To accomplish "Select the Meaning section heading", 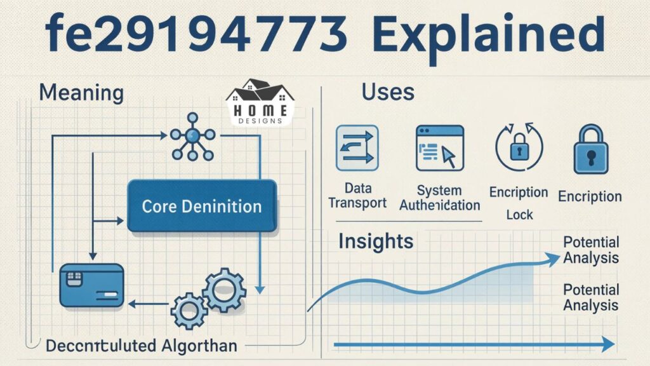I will coord(81,93).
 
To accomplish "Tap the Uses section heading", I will coord(387,92).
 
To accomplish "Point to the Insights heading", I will coord(375,241).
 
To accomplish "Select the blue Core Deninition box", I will coord(201,206).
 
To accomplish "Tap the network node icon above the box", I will coord(193,135).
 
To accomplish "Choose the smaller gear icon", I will coord(189,311).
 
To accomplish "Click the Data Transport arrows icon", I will coord(357,148).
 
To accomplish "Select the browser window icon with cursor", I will coord(440,147).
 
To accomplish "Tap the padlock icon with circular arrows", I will coord(518,148).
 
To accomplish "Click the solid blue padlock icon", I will coord(591,149).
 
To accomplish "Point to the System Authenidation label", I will coord(439,198).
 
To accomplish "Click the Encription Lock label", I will coord(519,203).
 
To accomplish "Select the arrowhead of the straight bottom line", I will coord(608,345).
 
